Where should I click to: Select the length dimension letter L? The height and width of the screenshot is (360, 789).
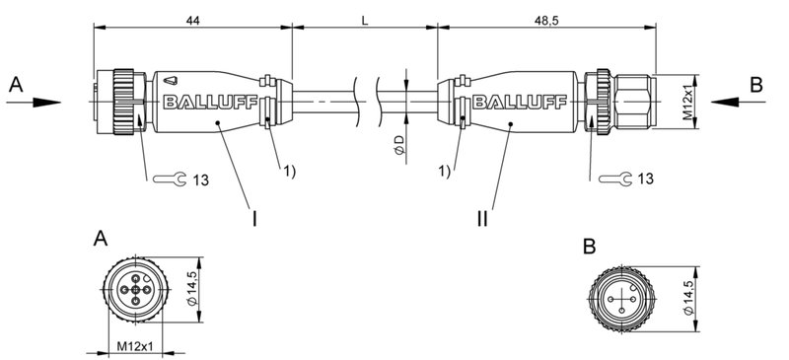click(365, 19)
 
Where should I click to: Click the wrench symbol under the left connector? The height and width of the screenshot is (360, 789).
click(171, 179)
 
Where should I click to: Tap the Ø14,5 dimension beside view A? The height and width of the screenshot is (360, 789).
click(194, 290)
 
